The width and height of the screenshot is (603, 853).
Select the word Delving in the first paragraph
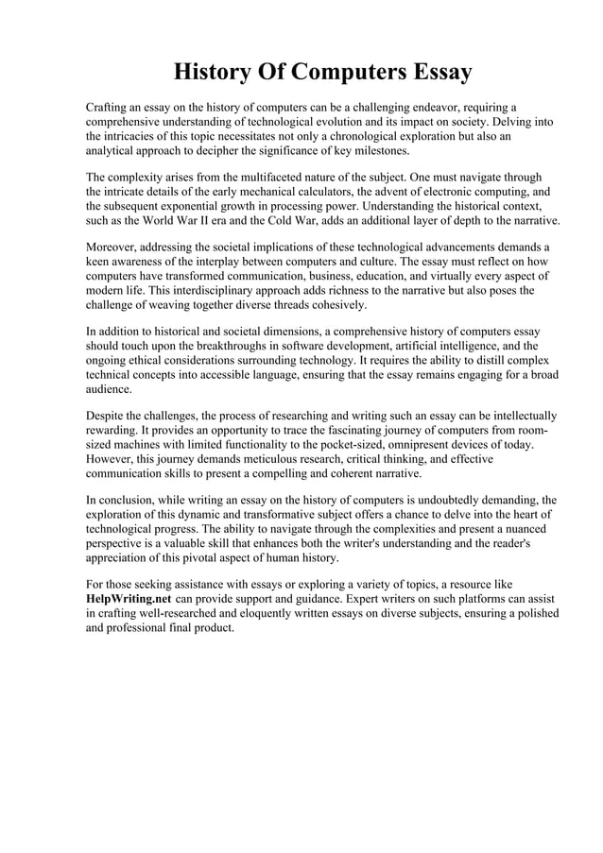511,123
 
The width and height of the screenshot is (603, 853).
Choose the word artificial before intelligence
408,346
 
